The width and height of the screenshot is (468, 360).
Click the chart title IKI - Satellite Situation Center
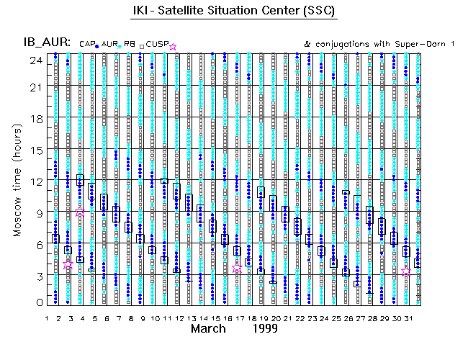(x=233, y=11)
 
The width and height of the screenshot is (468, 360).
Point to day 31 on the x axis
(x=407, y=318)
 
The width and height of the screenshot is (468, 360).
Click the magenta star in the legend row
(x=173, y=46)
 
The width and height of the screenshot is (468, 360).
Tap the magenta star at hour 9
(x=80, y=212)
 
